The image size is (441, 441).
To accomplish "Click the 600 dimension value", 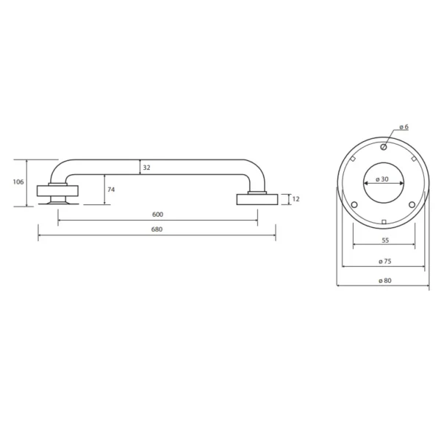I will click(x=157, y=215).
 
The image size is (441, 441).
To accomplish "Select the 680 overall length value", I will click(x=157, y=230).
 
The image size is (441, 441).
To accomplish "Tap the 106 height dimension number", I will click(x=20, y=182).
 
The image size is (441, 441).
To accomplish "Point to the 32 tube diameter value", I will click(x=146, y=168).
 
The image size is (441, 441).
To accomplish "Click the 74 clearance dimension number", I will click(x=111, y=189).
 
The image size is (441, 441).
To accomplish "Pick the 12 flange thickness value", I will click(x=296, y=199).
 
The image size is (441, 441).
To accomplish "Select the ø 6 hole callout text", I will click(x=404, y=127).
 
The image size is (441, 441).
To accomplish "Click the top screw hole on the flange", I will click(x=383, y=147).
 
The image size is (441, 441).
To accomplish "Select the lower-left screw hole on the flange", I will click(x=354, y=204).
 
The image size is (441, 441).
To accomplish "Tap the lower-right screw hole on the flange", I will click(x=412, y=204).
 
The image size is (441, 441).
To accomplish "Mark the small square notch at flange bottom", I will click(x=384, y=221).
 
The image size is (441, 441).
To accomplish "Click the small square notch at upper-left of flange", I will click(x=354, y=159).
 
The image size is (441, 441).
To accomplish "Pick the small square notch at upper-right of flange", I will click(x=413, y=159).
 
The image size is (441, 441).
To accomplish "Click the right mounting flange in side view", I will click(x=257, y=198).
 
